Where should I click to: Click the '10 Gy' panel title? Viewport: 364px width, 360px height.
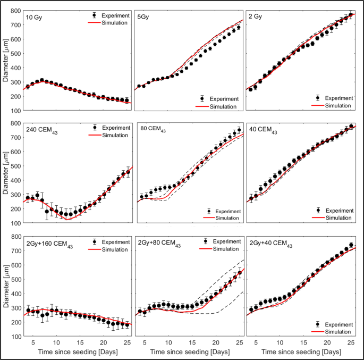click(35, 17)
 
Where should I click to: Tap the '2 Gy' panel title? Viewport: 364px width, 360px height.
click(258, 16)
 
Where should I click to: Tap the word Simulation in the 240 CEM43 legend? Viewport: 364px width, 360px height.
click(113, 136)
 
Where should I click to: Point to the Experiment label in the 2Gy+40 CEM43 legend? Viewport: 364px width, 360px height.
click(338, 324)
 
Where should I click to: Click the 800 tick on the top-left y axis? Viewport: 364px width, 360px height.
click(17, 11)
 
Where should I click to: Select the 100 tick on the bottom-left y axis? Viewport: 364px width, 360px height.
click(17, 337)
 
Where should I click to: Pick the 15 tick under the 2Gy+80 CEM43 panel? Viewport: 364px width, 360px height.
click(192, 343)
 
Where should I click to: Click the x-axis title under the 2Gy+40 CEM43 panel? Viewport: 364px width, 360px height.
click(301, 353)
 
